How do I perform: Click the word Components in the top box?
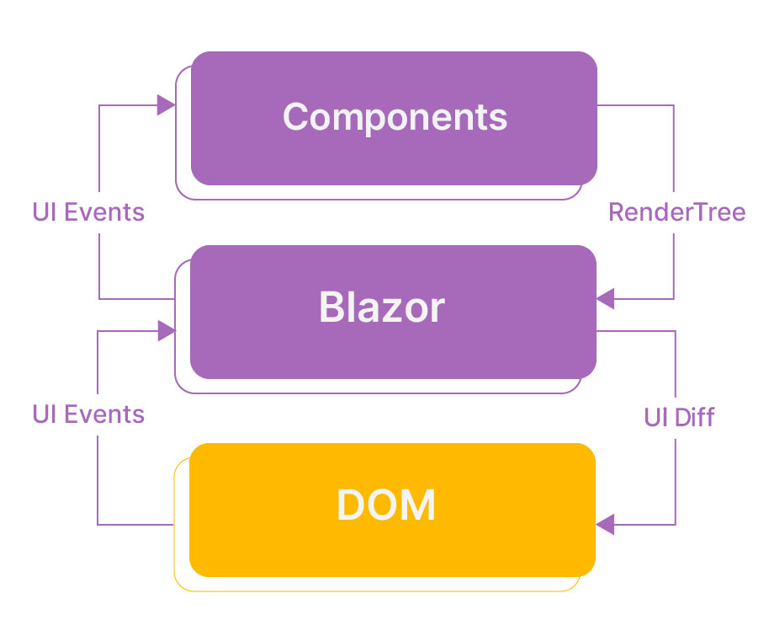[395, 117]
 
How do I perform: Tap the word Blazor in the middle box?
[382, 307]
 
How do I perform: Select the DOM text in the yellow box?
[386, 505]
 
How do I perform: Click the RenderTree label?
[676, 212]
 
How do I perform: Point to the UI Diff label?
[679, 418]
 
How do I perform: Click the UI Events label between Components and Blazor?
[88, 212]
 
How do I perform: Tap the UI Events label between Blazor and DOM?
[88, 414]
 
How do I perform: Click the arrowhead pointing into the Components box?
[166, 105]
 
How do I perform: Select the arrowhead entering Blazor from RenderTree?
[605, 298]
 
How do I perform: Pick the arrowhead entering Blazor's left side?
[167, 330]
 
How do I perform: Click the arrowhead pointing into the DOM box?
[605, 525]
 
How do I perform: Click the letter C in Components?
[295, 116]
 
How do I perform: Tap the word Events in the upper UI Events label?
[104, 212]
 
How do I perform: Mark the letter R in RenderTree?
[617, 212]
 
